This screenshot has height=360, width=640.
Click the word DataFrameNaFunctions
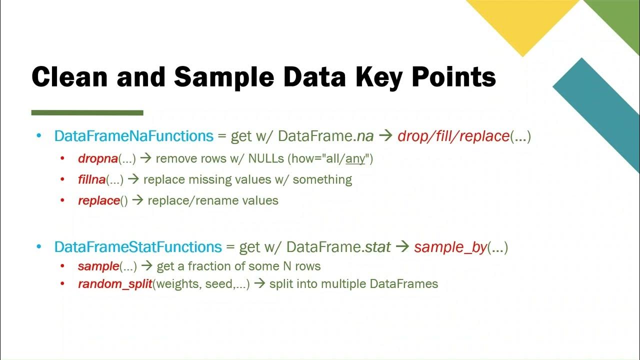[134, 136]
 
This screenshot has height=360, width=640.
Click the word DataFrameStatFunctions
[138, 247]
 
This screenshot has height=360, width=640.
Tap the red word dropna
[97, 159]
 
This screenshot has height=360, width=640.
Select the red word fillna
[91, 179]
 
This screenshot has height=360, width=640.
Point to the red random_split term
[114, 284]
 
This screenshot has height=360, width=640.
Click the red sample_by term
[450, 247]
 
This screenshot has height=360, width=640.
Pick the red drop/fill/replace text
[453, 136]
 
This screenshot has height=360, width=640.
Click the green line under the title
[87, 113]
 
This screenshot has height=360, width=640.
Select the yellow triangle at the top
[522, 20]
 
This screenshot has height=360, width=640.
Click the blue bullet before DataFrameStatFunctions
[39, 247]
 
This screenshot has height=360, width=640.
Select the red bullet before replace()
[62, 201]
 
